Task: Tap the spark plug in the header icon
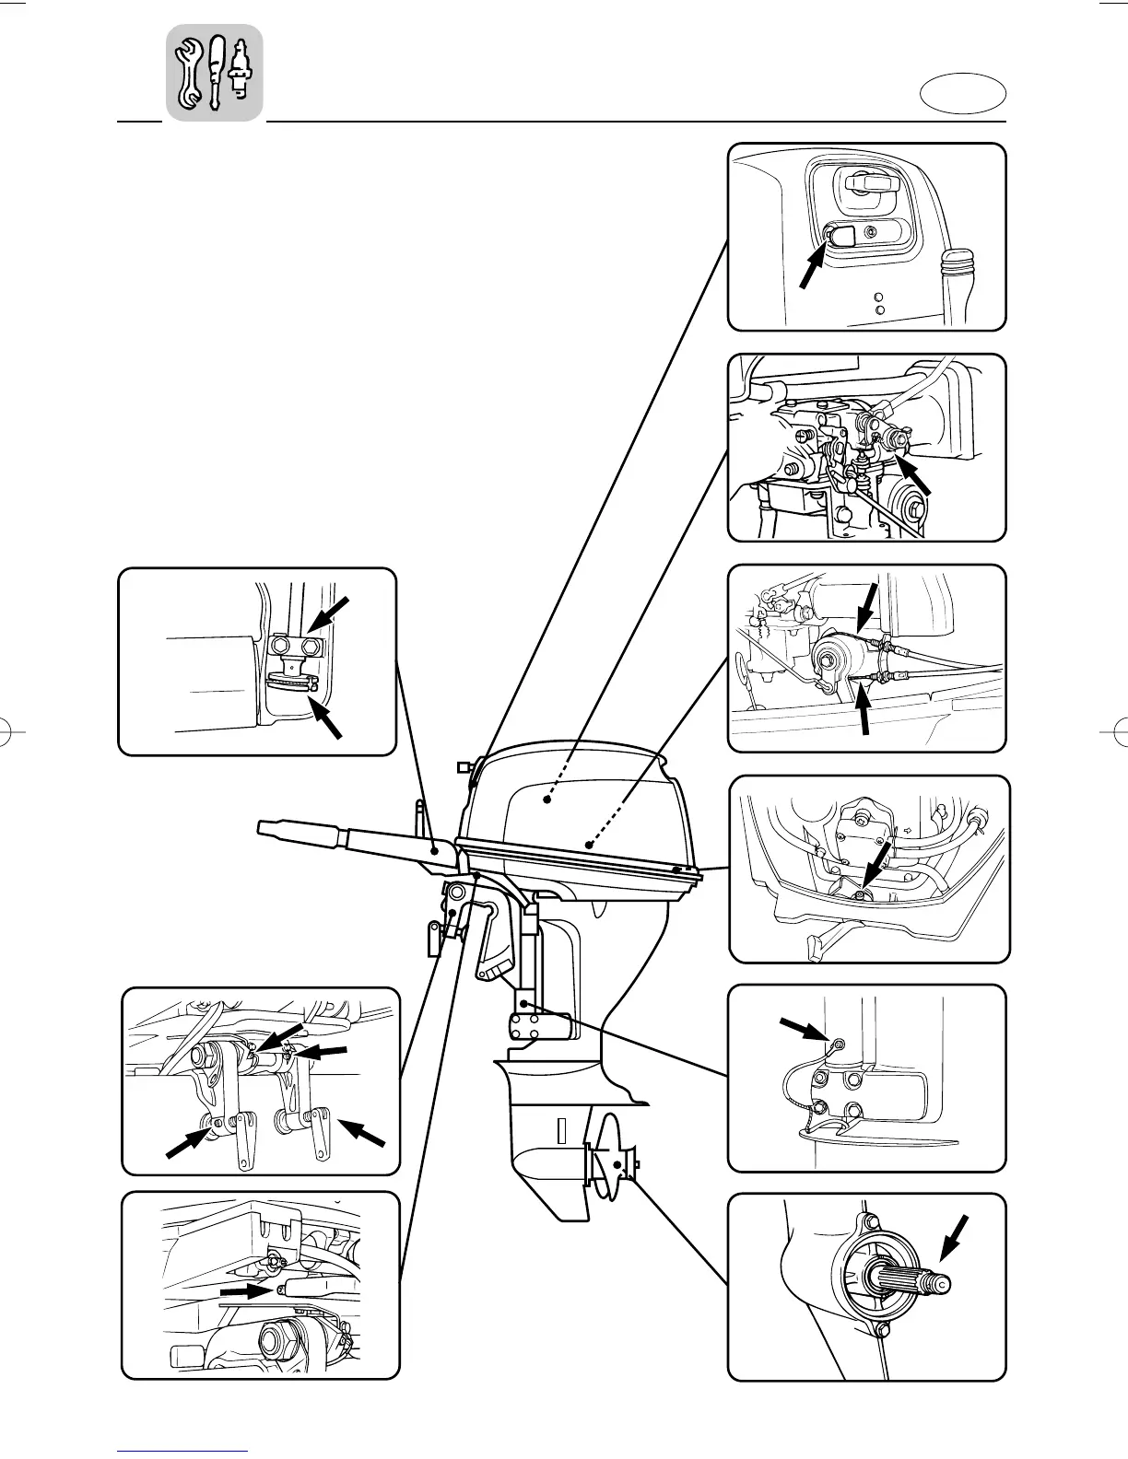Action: tap(241, 69)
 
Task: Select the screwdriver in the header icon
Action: tap(217, 71)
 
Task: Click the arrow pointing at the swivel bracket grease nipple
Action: tap(804, 1031)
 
